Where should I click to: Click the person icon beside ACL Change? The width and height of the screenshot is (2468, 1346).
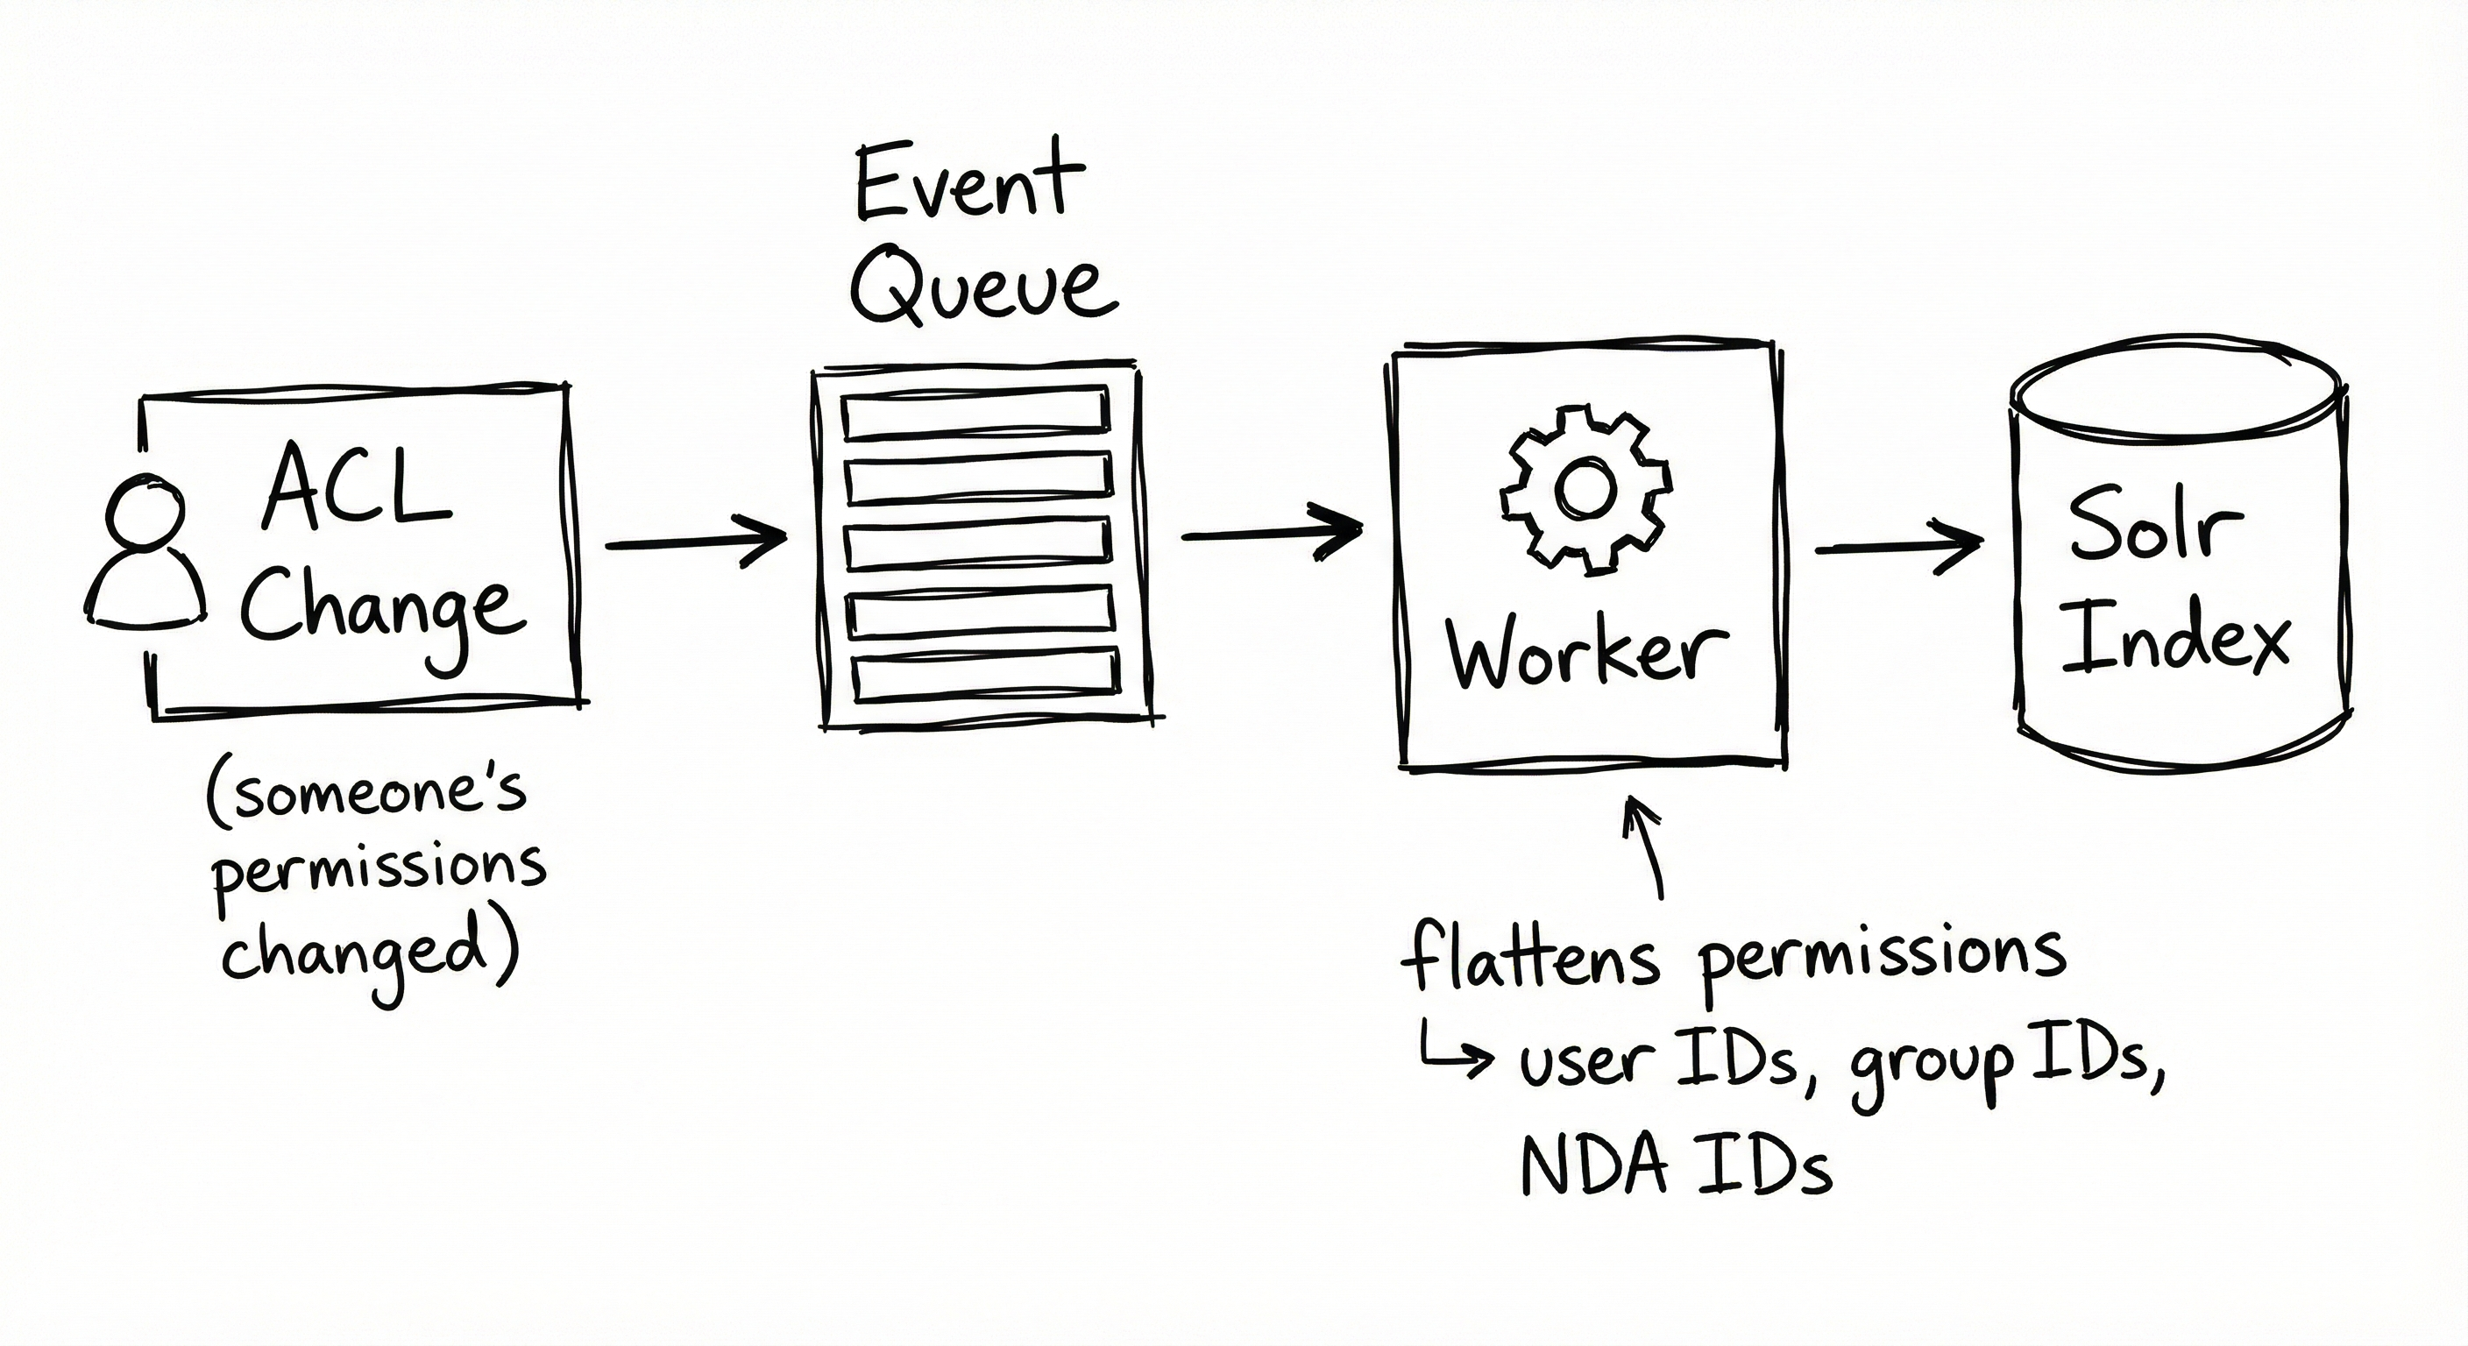145,556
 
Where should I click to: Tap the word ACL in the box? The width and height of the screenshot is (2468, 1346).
357,489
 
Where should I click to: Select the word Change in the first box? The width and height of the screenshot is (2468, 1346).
381,609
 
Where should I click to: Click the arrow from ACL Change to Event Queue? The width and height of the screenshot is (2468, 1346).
696,542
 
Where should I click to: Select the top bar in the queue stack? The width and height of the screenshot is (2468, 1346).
975,413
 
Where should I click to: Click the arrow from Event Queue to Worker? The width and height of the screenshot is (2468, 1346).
1273,535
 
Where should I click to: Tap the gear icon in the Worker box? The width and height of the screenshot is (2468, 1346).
1585,491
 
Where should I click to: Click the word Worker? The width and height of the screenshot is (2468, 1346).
1586,652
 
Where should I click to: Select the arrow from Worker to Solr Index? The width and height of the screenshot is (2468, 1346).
1897,548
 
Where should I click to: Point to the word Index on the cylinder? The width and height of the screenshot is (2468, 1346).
2174,636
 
